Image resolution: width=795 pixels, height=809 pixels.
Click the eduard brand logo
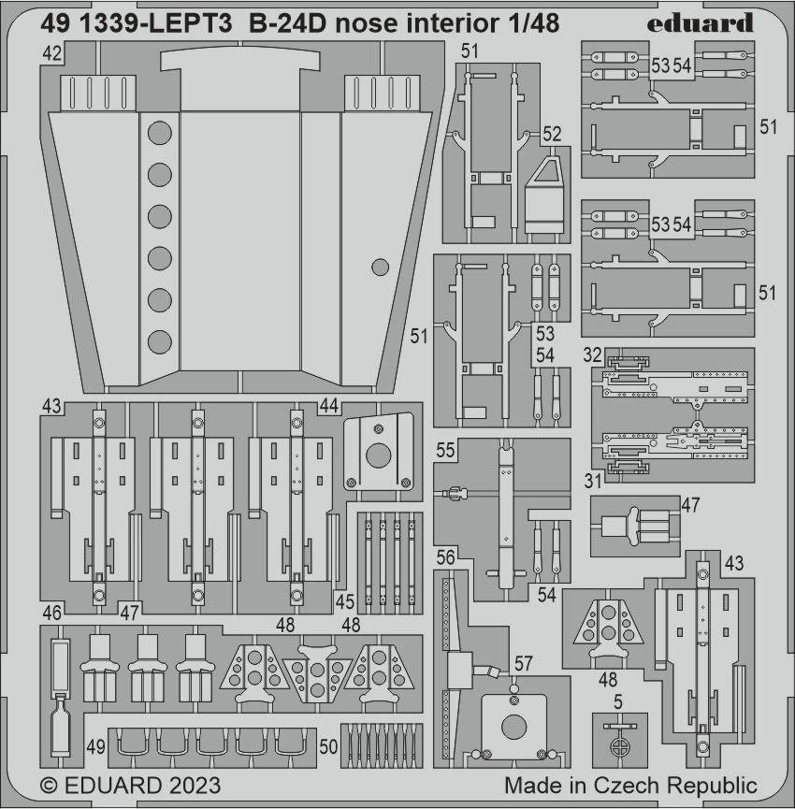[x=700, y=22]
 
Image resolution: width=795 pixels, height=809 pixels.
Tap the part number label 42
[x=51, y=53]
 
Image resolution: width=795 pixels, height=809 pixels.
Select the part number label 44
[x=329, y=406]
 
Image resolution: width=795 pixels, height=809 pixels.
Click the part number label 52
[x=552, y=134]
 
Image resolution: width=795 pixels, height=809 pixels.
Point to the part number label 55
[x=445, y=450]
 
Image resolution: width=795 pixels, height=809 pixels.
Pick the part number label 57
[x=523, y=663]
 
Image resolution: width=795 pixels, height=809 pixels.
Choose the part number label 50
[x=328, y=746]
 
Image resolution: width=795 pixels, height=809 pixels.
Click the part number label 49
[x=95, y=746]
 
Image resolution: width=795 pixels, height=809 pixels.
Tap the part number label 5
[x=618, y=701]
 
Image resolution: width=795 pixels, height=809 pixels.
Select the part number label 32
[x=593, y=355]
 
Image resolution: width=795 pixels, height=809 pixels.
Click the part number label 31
[x=593, y=482]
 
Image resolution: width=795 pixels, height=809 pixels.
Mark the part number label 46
[x=51, y=613]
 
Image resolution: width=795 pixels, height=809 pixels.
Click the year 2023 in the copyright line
[x=193, y=786]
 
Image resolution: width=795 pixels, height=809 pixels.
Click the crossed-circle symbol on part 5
[x=618, y=745]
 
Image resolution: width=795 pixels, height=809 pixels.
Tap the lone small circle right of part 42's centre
[x=381, y=267]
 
